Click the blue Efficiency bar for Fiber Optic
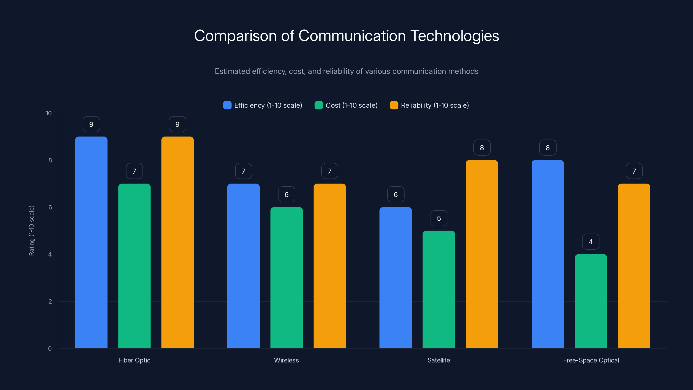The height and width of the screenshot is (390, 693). click(x=91, y=242)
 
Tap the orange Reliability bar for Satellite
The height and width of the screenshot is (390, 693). click(x=482, y=254)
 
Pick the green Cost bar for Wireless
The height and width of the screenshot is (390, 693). click(x=286, y=278)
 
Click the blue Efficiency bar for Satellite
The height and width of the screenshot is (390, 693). click(x=395, y=278)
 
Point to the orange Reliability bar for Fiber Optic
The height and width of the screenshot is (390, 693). click(x=177, y=242)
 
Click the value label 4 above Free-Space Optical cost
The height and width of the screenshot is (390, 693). click(x=591, y=242)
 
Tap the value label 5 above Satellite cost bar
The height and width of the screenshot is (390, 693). click(x=439, y=218)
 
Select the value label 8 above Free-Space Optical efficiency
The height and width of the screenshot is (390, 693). click(x=547, y=148)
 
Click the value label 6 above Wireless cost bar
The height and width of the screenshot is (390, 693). click(x=286, y=195)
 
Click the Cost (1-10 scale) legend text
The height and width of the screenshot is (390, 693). click(x=351, y=105)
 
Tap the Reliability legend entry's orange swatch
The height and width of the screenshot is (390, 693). click(x=394, y=105)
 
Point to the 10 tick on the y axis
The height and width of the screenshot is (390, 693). click(x=49, y=113)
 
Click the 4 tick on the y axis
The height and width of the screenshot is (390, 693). click(x=50, y=254)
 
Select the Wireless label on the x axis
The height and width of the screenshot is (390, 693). click(x=286, y=360)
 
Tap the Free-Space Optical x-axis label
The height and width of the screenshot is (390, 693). click(x=591, y=360)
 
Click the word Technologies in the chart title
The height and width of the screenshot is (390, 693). click(x=454, y=36)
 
